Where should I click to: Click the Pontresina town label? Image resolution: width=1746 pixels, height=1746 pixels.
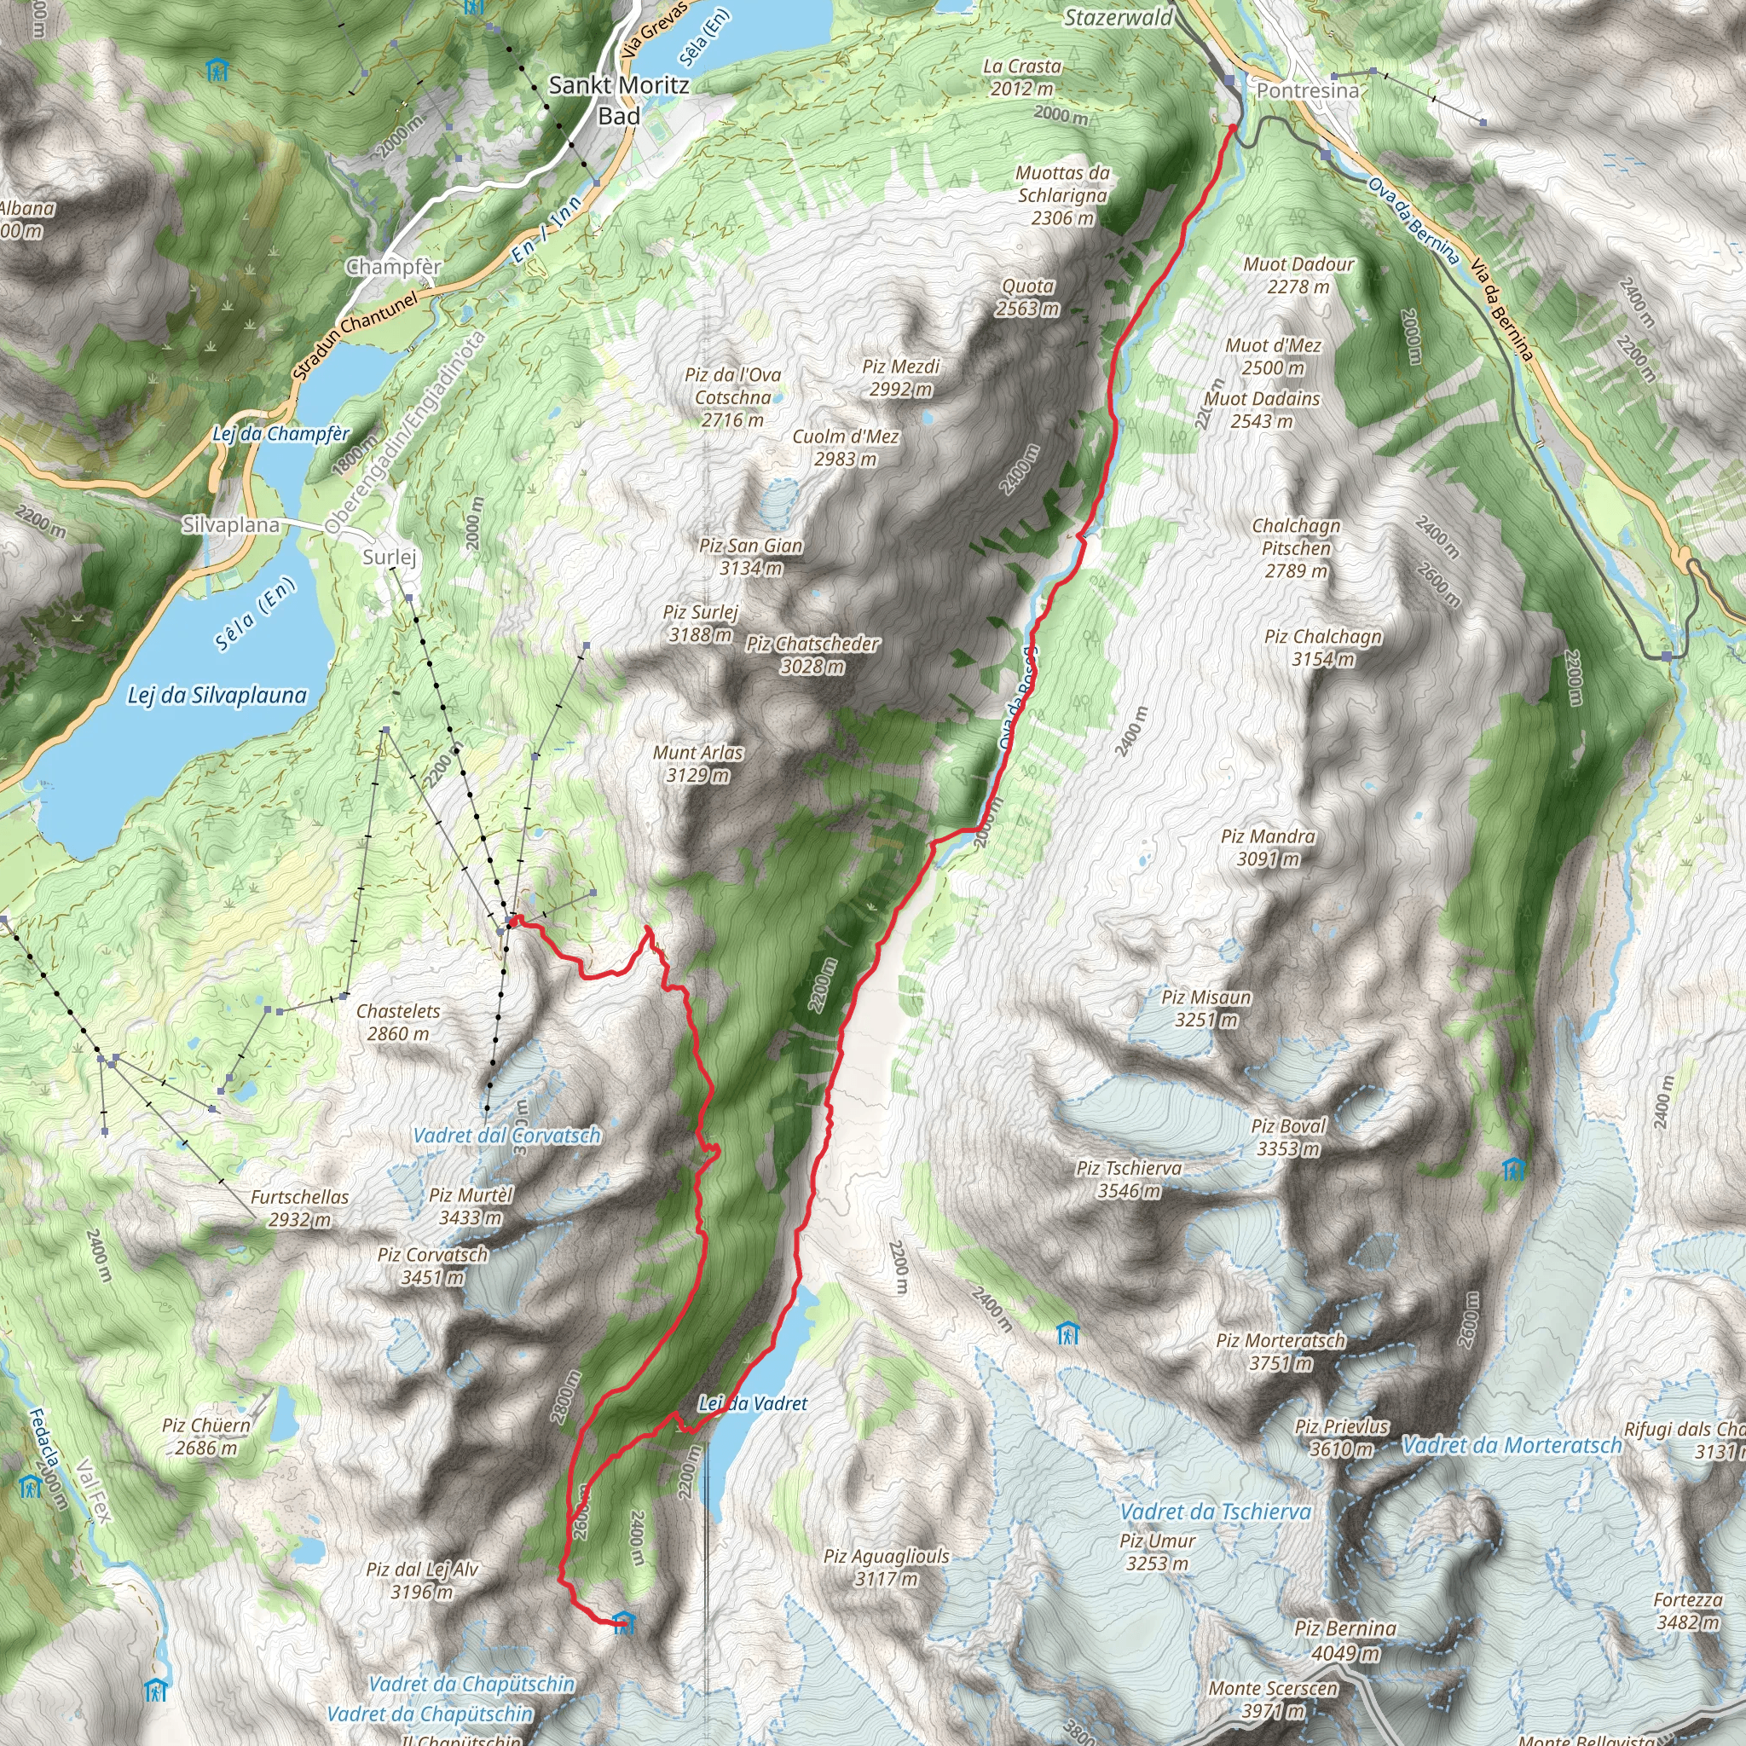click(1307, 90)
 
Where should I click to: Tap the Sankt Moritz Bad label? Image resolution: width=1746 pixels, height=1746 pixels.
click(619, 100)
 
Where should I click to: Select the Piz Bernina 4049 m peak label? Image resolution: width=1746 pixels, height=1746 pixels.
click(1344, 1640)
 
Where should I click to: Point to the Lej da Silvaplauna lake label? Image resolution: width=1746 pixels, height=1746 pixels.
click(217, 695)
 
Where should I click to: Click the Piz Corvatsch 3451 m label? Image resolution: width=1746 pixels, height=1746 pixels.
click(432, 1265)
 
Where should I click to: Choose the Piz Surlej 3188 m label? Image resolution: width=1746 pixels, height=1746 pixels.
click(701, 622)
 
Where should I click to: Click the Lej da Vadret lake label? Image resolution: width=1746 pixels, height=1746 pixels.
click(753, 1403)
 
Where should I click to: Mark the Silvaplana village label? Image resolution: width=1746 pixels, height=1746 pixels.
click(230, 525)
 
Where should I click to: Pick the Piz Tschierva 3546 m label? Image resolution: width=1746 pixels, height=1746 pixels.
click(1129, 1178)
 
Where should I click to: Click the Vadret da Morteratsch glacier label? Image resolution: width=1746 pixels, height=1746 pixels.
click(1511, 1446)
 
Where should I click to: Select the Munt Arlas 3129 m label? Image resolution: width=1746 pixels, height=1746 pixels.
click(697, 763)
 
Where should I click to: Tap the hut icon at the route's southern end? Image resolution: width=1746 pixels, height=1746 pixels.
click(623, 1622)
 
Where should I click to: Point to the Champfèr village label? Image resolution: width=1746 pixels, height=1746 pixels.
click(394, 267)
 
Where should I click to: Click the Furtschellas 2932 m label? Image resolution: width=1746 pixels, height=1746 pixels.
click(299, 1207)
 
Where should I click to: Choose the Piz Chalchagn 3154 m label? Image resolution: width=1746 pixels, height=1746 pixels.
click(1322, 647)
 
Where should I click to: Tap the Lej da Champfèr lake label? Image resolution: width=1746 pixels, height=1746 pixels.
click(280, 434)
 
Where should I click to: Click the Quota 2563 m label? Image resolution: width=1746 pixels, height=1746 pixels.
click(1027, 297)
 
